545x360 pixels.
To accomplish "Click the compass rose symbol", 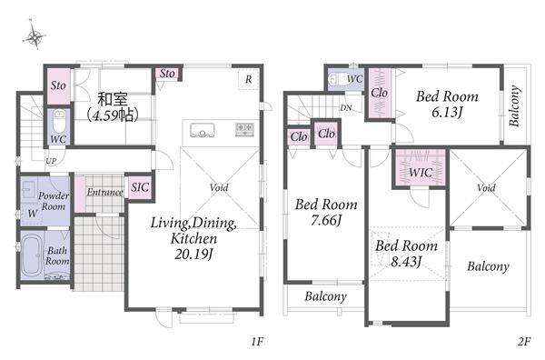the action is pos(35,35).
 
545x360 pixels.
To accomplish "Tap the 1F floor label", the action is pos(257,342).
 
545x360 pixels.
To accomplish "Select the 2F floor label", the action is pos(524,342).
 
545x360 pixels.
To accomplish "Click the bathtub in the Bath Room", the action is pos(32,255).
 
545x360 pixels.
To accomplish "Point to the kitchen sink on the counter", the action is pos(203,130).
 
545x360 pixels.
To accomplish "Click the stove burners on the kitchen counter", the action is pos(244,129).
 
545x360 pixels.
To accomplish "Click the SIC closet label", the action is pos(140,187).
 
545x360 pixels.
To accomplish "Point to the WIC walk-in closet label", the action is pos(421,172).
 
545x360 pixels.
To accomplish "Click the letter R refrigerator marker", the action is pos(248,79).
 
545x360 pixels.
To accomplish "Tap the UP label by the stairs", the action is pos(51,161).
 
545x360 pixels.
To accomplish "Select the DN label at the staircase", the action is pos(346,108).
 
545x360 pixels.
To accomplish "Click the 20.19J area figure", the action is pos(193,255).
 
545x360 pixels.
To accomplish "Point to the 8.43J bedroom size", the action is pos(406,261).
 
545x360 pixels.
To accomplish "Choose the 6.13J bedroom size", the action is pos(447,112).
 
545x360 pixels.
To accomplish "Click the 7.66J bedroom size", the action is pos(326,220).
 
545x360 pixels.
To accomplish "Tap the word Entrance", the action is pos(104,192).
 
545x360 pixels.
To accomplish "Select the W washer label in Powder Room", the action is pos(32,213).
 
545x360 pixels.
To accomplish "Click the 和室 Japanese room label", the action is pos(113,99).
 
